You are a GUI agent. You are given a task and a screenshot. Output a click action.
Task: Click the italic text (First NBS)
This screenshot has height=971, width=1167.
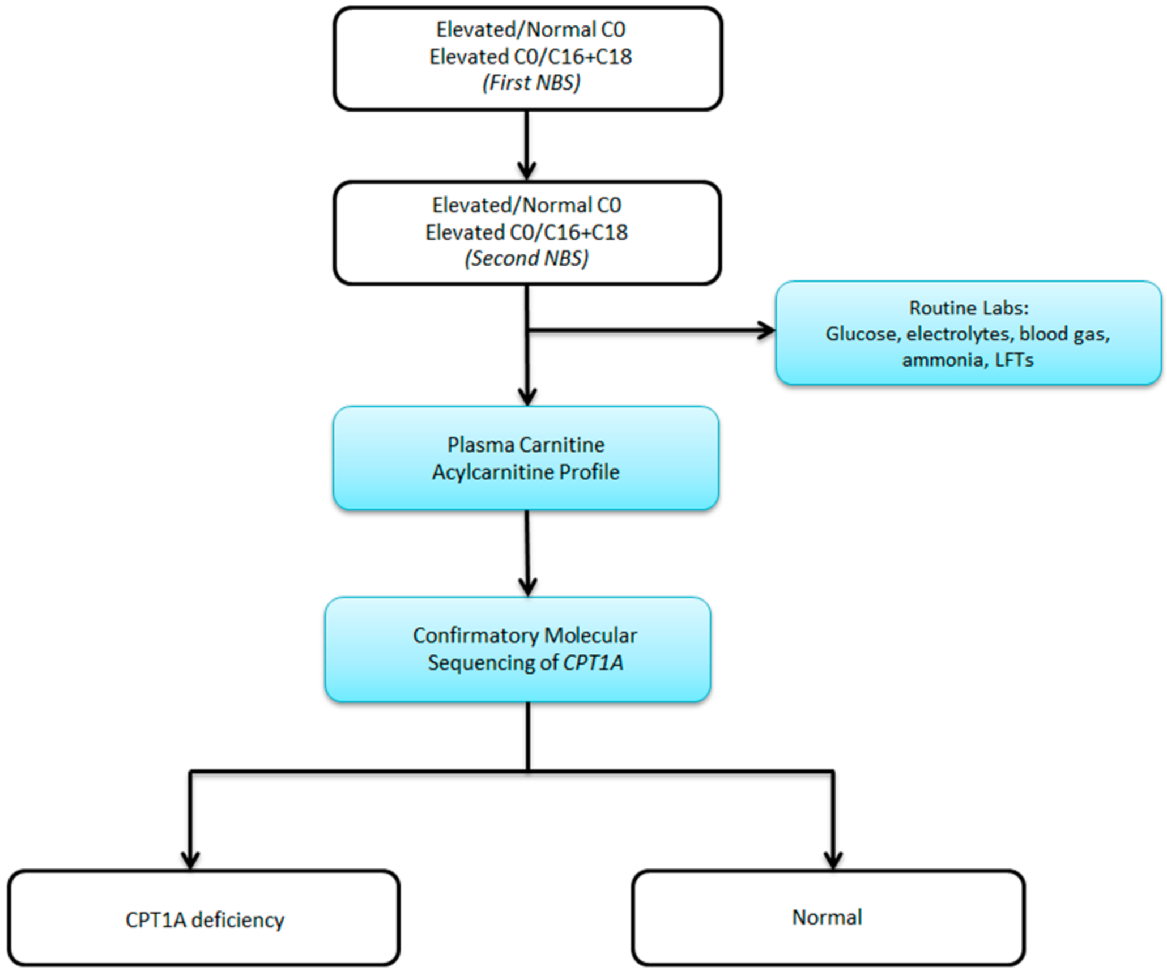[x=531, y=83]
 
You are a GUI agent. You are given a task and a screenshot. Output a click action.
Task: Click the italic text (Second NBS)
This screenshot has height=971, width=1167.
[x=526, y=258]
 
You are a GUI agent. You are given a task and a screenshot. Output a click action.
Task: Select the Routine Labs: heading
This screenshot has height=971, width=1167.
[x=968, y=308]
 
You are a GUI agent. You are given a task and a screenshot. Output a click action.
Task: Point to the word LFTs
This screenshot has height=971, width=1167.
[x=1013, y=360]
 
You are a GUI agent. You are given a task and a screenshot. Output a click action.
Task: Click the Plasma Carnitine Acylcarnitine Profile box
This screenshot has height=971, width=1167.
[x=526, y=458]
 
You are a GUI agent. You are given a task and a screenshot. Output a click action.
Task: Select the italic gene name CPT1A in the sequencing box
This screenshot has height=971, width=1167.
[x=593, y=662]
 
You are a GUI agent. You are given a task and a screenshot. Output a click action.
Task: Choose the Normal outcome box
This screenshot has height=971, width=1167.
[x=828, y=918]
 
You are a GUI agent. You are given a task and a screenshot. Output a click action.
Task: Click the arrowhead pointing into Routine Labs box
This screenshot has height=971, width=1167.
[x=767, y=330]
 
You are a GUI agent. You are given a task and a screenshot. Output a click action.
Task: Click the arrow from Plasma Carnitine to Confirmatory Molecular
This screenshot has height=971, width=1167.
[x=527, y=553]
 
